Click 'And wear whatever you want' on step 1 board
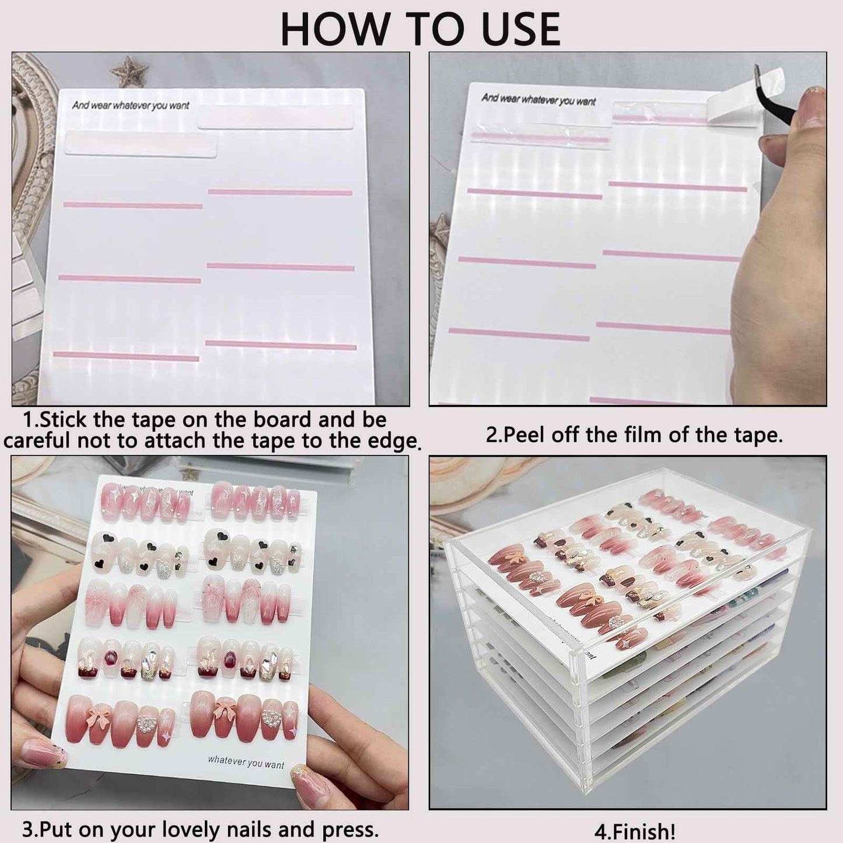131,106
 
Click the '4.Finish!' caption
634,831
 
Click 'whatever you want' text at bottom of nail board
246,762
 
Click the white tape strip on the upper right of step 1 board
276,120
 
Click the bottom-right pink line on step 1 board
281,345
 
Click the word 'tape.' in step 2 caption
757,435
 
